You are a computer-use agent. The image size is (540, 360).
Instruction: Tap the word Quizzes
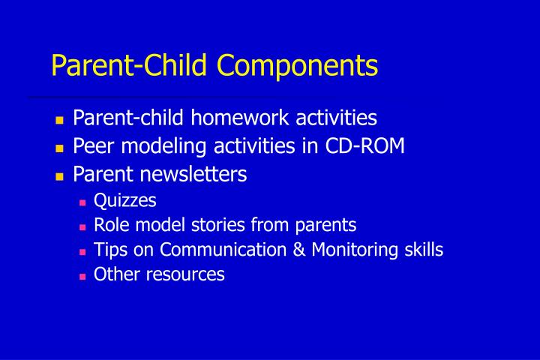point(125,200)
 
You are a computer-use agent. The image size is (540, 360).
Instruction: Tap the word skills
point(421,250)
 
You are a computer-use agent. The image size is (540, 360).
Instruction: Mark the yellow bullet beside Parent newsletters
point(60,176)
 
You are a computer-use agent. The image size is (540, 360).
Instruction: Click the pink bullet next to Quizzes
point(82,202)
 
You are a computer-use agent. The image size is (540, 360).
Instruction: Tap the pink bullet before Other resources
point(82,276)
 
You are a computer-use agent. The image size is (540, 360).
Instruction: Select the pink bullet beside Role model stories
point(82,226)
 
